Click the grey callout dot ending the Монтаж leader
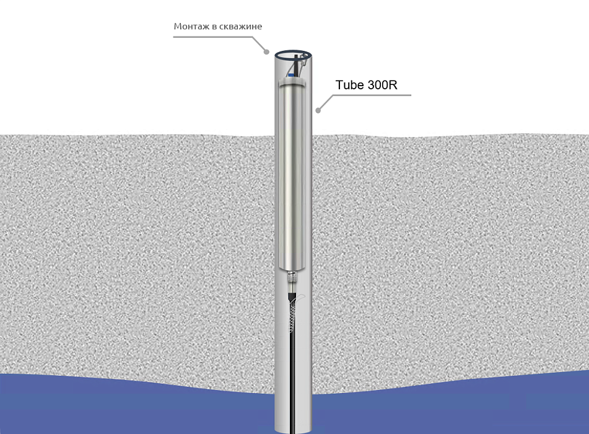point(267,52)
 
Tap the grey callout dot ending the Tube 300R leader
point(318,110)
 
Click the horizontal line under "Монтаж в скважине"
point(212,37)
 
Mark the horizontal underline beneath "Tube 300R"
point(372,95)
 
